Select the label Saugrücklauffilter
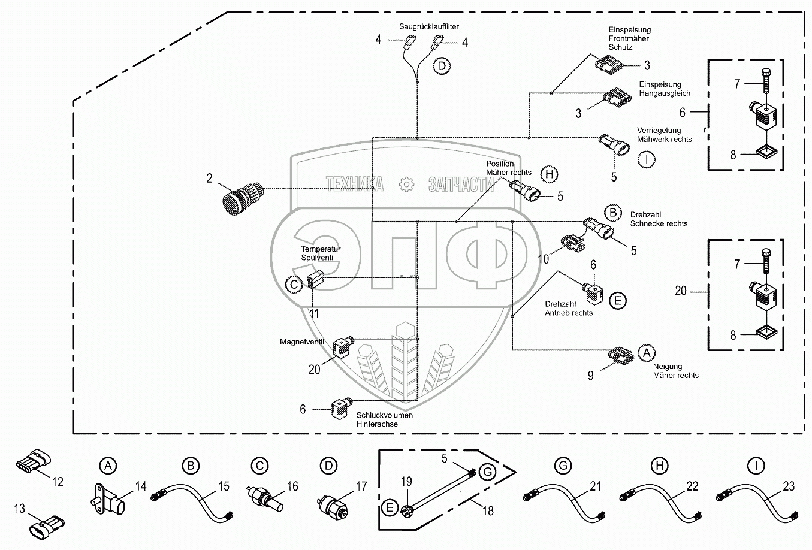click(x=429, y=27)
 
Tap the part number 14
click(x=140, y=486)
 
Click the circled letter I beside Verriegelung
click(x=647, y=160)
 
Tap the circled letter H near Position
click(x=548, y=174)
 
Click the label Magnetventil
click(x=301, y=342)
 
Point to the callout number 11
click(x=313, y=313)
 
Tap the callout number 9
click(x=590, y=376)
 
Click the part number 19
click(x=406, y=481)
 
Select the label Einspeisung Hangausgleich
click(x=665, y=89)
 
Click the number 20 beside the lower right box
click(x=680, y=291)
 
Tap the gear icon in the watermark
click(x=407, y=185)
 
